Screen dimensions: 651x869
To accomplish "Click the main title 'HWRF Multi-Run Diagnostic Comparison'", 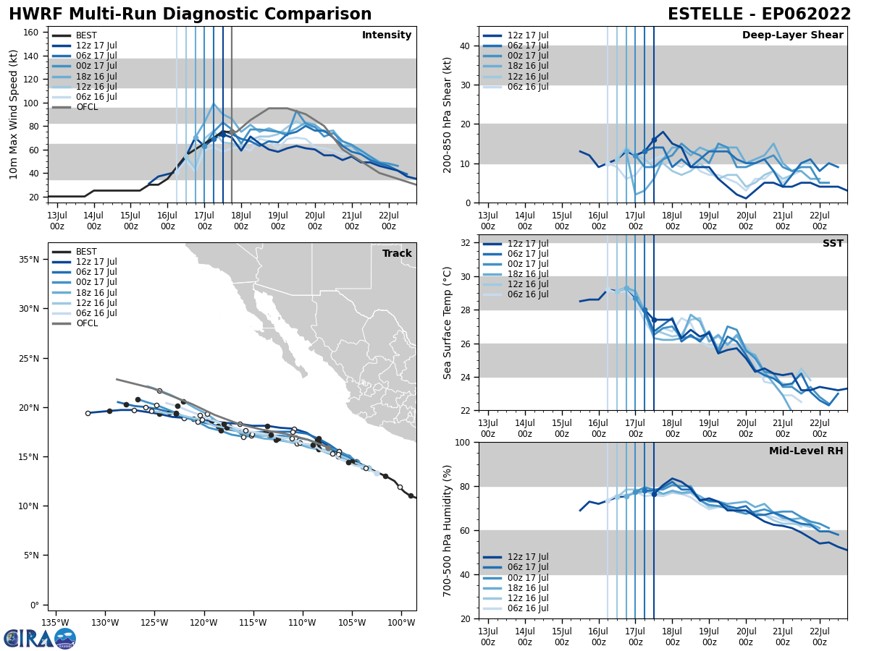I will coord(190,14).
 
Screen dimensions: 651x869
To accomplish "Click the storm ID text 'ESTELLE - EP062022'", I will coord(759,14).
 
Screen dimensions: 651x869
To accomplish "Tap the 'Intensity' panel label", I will coord(387,35).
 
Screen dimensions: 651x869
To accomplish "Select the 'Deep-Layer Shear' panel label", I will coord(792,35).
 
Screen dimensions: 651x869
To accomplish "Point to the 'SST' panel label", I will coord(833,244).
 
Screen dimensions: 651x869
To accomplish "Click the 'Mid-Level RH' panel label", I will coord(806,451).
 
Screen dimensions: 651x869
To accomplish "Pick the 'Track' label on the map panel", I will coord(397,254).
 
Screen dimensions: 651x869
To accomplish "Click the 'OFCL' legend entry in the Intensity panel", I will coord(87,107).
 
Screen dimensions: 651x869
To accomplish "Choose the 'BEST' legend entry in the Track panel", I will coord(86,252).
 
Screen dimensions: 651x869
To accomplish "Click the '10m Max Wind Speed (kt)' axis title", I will coord(14,114).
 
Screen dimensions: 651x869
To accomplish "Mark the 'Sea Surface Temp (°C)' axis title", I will coord(448,323).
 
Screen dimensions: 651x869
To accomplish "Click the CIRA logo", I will coord(39,639).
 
